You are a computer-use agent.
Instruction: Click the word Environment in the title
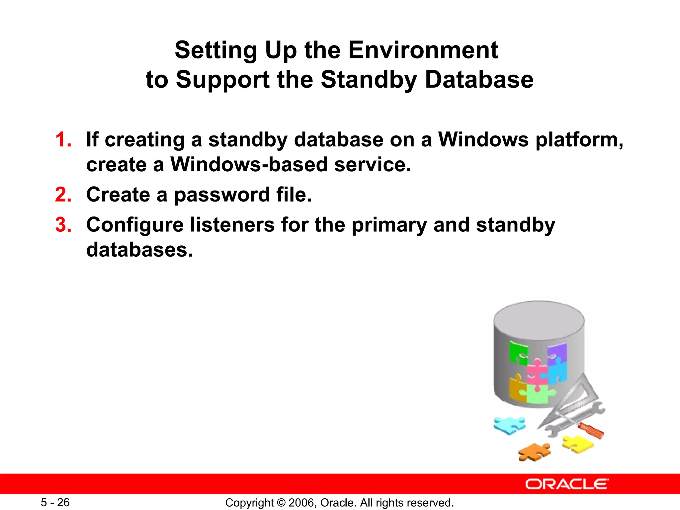point(423,50)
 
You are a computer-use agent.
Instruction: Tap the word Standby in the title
point(369,80)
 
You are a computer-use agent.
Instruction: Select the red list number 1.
point(63,139)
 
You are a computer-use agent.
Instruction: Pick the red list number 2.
point(63,195)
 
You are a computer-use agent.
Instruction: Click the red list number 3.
point(63,225)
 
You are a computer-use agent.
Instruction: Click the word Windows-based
point(249,164)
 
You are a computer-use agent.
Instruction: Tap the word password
point(222,195)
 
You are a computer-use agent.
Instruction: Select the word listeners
point(232,225)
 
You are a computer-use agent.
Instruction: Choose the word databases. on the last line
point(139,250)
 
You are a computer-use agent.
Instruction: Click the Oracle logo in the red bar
point(567,484)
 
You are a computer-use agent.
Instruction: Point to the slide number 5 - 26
point(55,502)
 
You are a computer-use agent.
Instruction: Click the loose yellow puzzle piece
point(578,444)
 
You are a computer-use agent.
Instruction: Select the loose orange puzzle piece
point(534,452)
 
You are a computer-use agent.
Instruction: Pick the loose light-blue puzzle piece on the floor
point(509,425)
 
